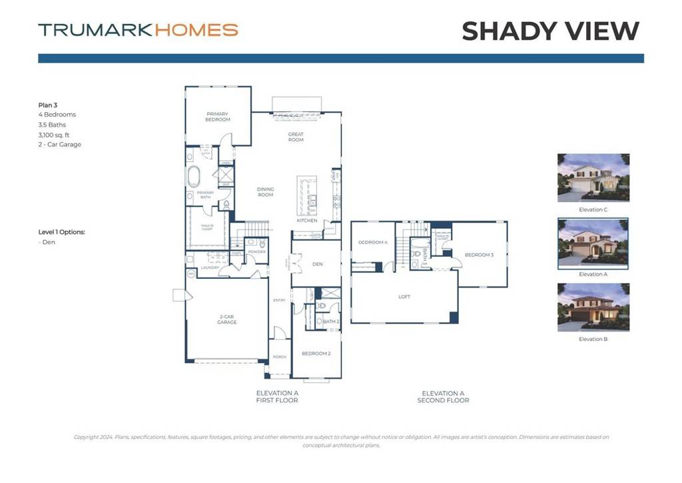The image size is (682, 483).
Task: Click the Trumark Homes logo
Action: (x=138, y=30)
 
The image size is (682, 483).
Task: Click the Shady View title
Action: (x=550, y=31)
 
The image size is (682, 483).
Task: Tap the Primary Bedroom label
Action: (x=218, y=117)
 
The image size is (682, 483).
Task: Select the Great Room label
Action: (x=296, y=137)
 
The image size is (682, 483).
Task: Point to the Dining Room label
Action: (x=266, y=191)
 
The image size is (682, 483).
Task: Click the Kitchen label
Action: (x=306, y=220)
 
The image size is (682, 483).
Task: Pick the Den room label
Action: (x=317, y=264)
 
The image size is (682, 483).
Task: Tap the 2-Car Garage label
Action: (x=228, y=320)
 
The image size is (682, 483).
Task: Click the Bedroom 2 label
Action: (x=316, y=354)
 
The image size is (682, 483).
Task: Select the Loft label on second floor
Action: (x=404, y=297)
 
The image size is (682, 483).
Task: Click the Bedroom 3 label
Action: (x=479, y=255)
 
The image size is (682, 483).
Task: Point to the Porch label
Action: (x=280, y=357)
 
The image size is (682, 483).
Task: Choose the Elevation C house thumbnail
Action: (x=593, y=177)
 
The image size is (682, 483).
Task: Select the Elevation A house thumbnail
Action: (x=593, y=242)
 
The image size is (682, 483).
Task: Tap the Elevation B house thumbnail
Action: (x=593, y=308)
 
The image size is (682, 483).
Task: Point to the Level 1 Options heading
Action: (x=62, y=232)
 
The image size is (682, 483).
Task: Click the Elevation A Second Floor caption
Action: (x=443, y=397)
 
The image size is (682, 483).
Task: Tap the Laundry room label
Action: (x=210, y=268)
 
